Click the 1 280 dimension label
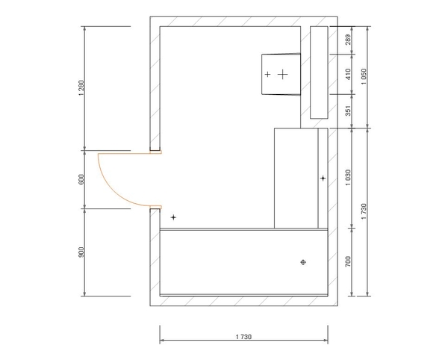[81, 87]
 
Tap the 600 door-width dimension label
[81, 179]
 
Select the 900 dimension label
[81, 252]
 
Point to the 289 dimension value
[348, 40]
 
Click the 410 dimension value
[348, 74]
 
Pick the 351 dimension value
[348, 111]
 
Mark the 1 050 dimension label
[364, 77]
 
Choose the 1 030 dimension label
[348, 178]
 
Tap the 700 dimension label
[348, 261]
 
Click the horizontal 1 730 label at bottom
[243, 337]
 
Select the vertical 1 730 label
[364, 211]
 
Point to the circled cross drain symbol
[303, 262]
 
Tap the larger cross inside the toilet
[282, 74]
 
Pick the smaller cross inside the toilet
[267, 74]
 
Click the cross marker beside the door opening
[173, 217]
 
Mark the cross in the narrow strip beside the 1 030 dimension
[323, 179]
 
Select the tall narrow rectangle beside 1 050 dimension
[319, 72]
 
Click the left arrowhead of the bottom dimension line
[162, 340]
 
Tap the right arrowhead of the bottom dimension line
[326, 340]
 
